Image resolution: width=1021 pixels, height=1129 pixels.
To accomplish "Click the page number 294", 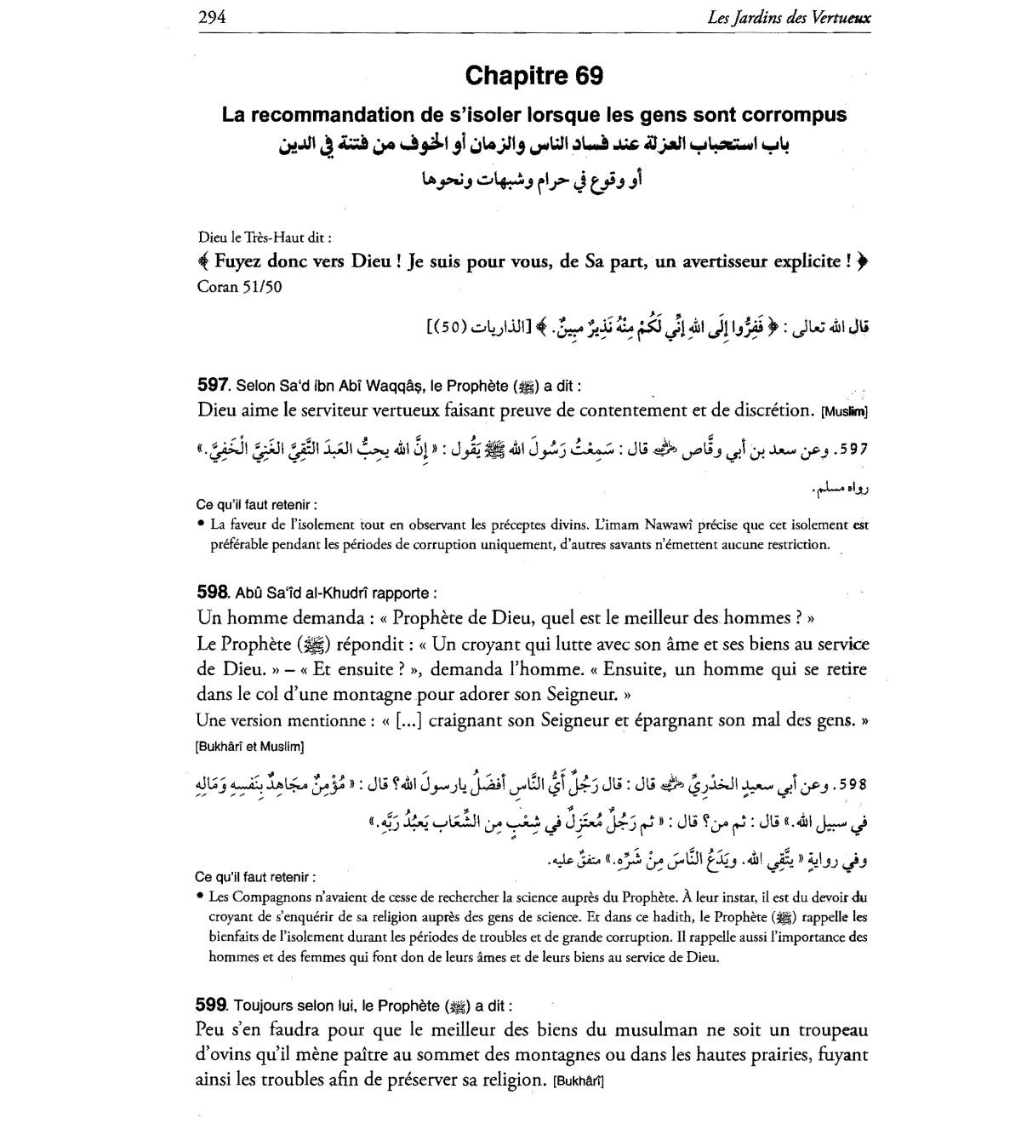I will [211, 16].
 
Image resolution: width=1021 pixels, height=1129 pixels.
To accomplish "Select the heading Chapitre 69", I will [533, 76].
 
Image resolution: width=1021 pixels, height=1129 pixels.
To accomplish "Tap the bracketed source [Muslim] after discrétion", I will [844, 413].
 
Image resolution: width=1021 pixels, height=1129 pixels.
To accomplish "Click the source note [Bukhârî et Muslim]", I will [249, 747].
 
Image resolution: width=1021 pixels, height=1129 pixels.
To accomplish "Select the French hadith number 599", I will [211, 1005].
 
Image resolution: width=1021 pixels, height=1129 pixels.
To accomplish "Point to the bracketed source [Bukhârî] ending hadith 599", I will [579, 1082].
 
